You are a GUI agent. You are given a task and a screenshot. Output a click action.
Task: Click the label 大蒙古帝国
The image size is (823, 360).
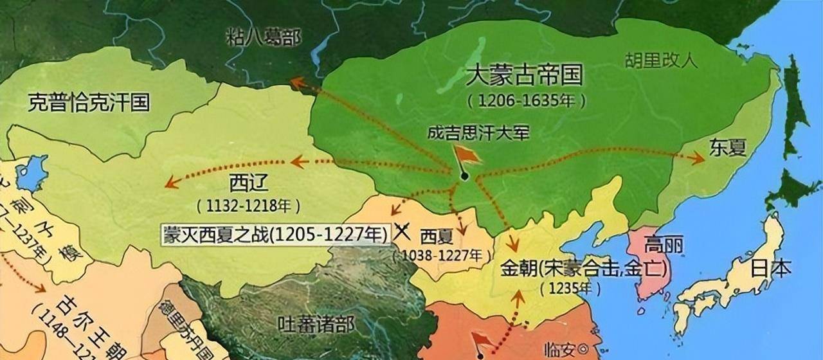[524, 76]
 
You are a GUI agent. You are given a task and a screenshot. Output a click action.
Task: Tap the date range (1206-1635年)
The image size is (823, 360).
[527, 101]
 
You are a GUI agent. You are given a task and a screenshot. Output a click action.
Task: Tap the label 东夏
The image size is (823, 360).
[728, 147]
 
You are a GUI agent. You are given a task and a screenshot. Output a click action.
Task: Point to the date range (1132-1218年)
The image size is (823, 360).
[248, 206]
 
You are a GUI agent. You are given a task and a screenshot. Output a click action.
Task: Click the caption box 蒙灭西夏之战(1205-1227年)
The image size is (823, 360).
[275, 233]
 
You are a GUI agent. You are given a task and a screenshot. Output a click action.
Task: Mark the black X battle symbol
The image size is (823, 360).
[402, 231]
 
